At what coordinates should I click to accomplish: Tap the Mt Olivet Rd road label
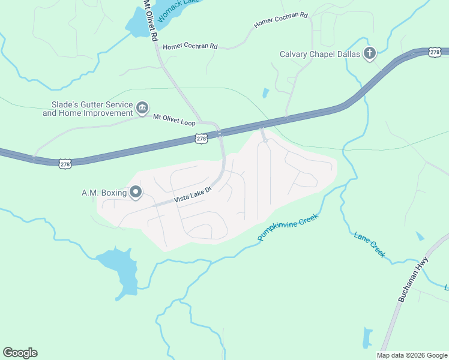coord(151,21)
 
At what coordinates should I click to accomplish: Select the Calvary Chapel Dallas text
coord(320,55)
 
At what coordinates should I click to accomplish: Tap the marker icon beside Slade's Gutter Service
coord(142,108)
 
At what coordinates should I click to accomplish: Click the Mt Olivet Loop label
coord(175,117)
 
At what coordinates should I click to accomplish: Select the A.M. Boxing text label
coord(104,193)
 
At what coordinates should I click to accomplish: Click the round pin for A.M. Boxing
coord(136,193)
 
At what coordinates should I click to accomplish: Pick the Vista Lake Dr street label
coord(193,194)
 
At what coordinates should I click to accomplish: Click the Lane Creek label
coord(369,245)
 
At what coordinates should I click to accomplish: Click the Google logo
coord(20,353)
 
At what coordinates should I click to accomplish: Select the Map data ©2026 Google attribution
coord(411,355)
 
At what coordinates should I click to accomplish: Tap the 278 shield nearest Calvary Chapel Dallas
coord(435,53)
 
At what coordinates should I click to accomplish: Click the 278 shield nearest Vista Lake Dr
coord(201,139)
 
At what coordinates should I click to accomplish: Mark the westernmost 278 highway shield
coord(64,163)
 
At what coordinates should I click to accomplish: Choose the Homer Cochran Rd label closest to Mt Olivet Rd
coord(190,46)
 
